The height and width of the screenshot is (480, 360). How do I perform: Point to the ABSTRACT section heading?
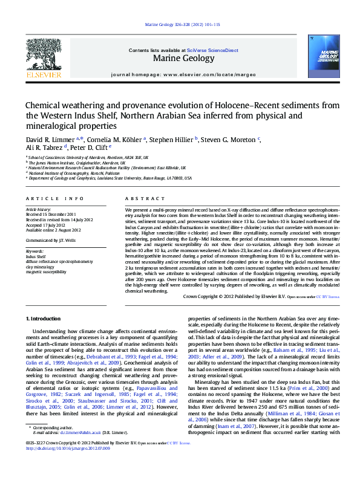[x=141, y=198]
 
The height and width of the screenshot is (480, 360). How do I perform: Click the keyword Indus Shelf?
[x=36, y=256]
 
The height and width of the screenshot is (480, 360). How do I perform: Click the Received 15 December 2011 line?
[x=50, y=214]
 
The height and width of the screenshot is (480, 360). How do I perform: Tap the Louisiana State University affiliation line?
[x=110, y=178]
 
